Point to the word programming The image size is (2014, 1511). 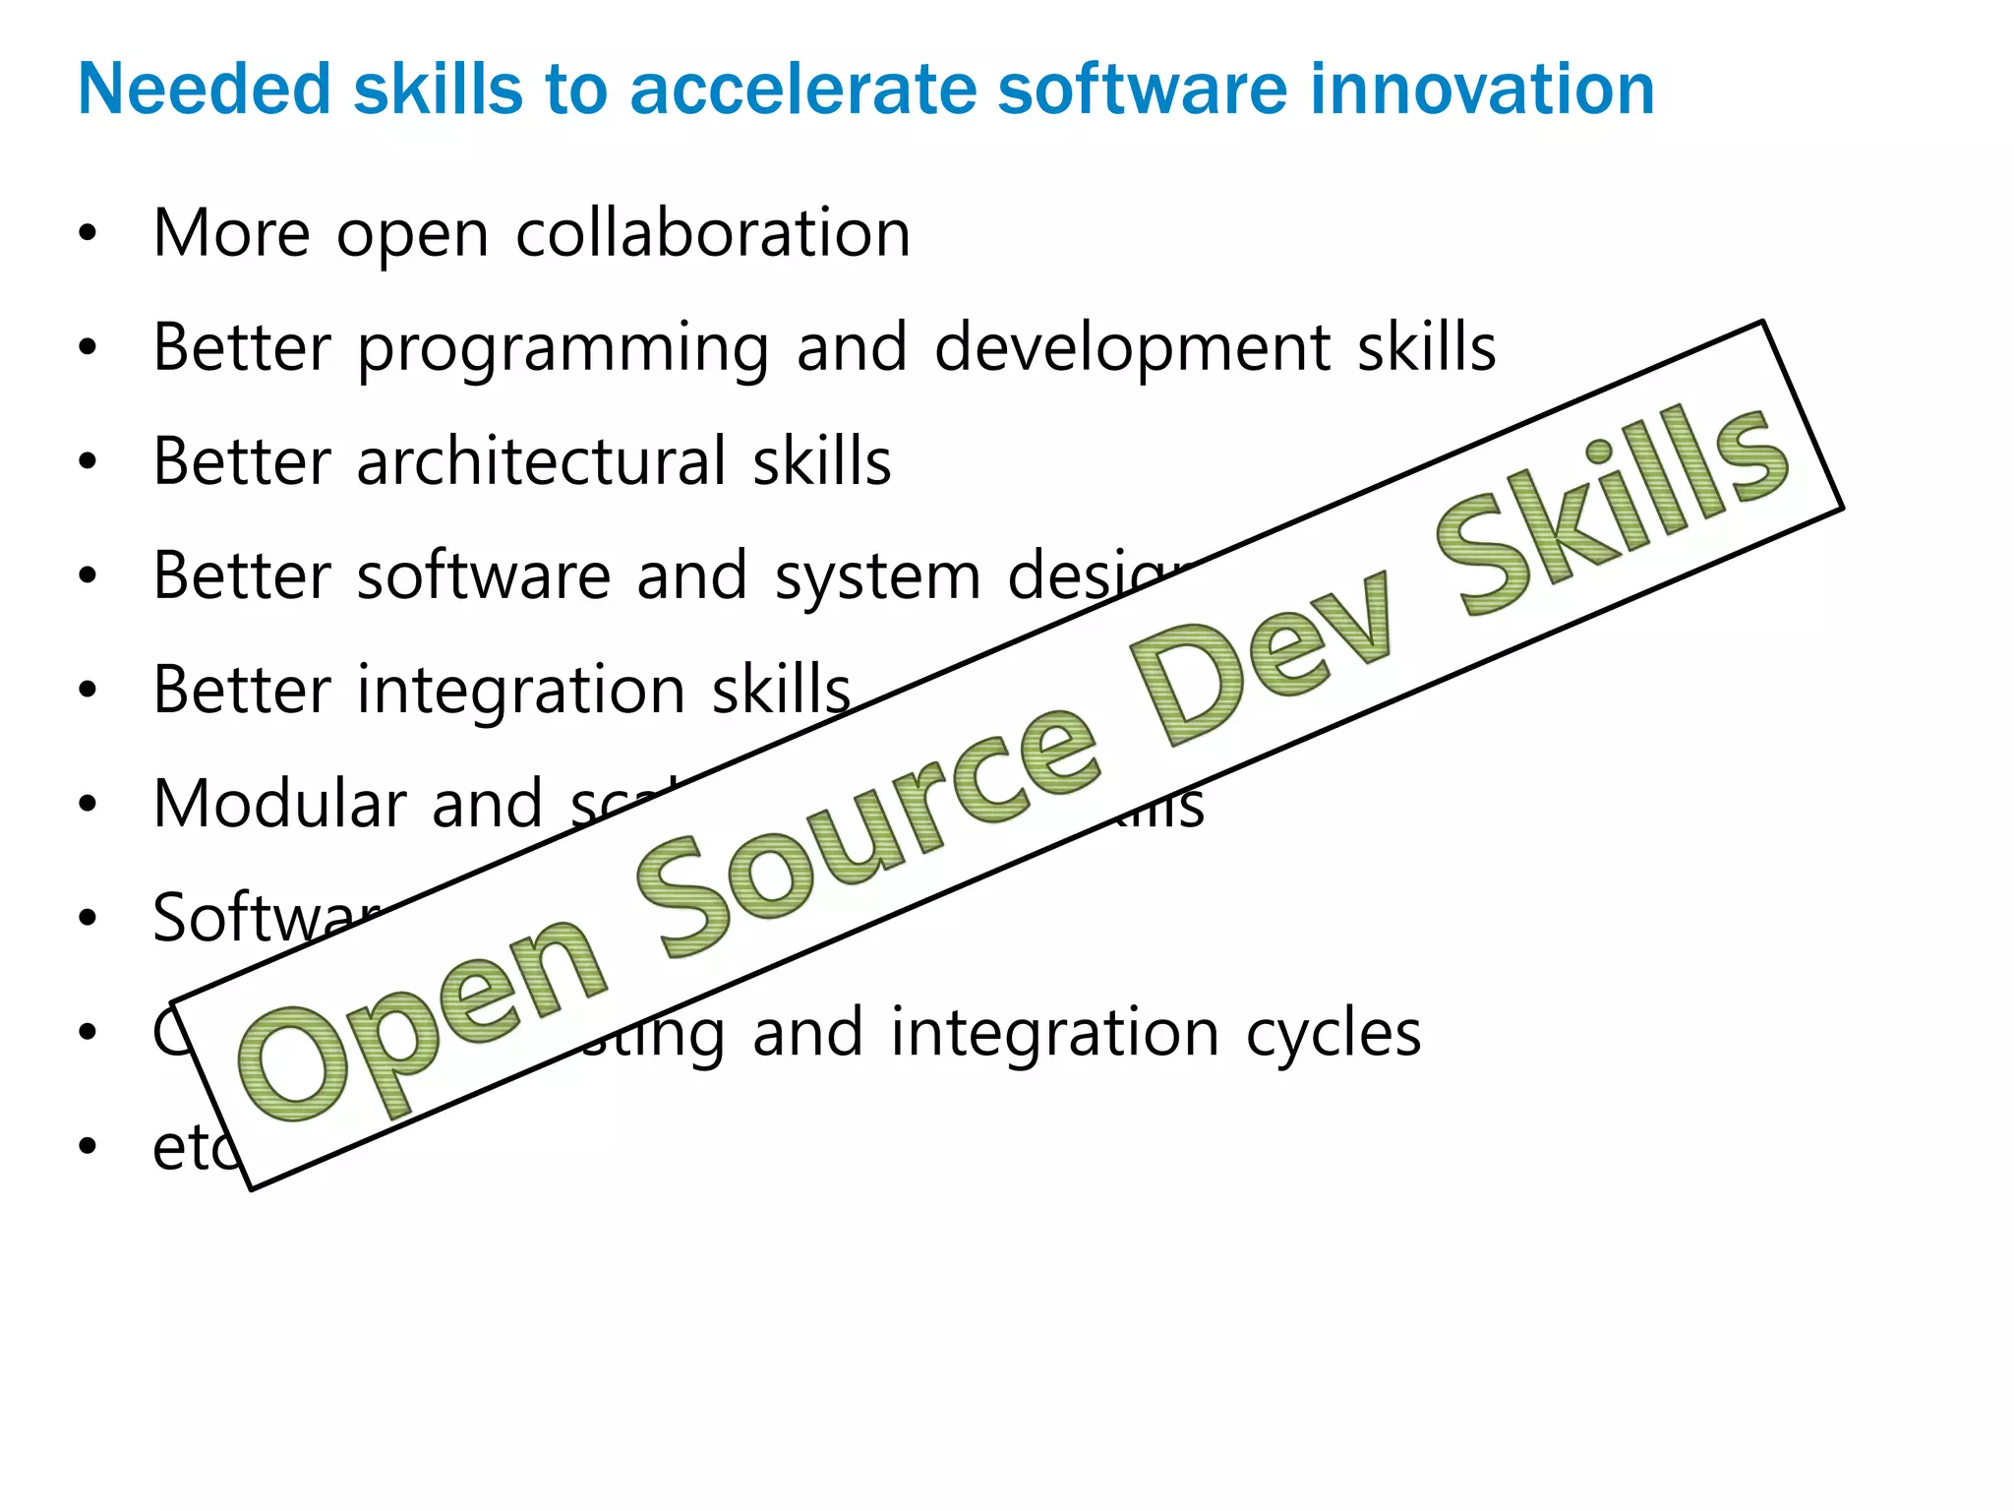[563, 350]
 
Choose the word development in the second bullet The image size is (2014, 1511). [1132, 350]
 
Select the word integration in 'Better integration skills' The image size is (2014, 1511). [520, 691]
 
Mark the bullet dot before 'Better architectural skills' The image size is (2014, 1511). [89, 461]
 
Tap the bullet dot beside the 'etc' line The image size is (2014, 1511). [89, 1146]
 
